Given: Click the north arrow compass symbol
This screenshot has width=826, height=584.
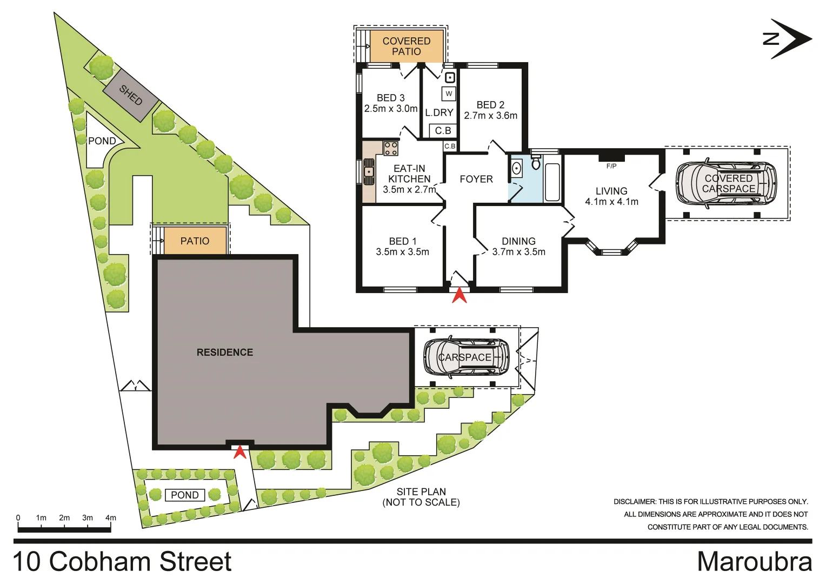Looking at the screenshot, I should pyautogui.click(x=788, y=39).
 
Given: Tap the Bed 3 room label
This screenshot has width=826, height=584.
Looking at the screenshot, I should pyautogui.click(x=390, y=98).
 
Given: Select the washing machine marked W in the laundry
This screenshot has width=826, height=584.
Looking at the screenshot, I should pyautogui.click(x=449, y=94).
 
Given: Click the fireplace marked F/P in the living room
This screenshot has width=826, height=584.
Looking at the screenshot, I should pyautogui.click(x=611, y=158).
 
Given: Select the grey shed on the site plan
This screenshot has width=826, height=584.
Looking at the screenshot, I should pyautogui.click(x=131, y=95).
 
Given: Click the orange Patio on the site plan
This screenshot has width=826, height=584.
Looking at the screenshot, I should pyautogui.click(x=195, y=241).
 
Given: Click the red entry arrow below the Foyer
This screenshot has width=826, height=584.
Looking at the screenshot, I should pyautogui.click(x=459, y=296).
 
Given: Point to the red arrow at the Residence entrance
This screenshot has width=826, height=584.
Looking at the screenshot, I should pyautogui.click(x=239, y=452).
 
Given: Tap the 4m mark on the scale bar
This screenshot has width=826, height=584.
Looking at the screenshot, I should pyautogui.click(x=111, y=518).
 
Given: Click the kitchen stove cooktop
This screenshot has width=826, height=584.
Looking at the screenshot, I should pyautogui.click(x=390, y=148).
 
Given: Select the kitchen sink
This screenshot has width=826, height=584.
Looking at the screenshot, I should pyautogui.click(x=369, y=172).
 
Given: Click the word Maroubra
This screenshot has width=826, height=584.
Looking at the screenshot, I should pyautogui.click(x=754, y=562).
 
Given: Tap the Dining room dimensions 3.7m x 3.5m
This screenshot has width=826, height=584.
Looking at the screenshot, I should pyautogui.click(x=518, y=252).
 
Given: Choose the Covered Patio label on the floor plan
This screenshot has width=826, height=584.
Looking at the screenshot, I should pyautogui.click(x=407, y=46).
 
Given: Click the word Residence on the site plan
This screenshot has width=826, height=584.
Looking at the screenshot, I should pyautogui.click(x=225, y=353).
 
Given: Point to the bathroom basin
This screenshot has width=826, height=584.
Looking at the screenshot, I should pyautogui.click(x=516, y=169).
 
